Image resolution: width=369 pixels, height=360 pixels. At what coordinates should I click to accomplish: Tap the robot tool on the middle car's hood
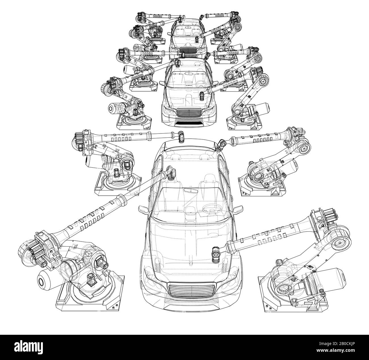202,96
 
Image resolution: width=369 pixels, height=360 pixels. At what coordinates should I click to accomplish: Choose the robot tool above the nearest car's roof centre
181,136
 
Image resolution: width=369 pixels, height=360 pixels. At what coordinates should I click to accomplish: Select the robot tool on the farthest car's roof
180,19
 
